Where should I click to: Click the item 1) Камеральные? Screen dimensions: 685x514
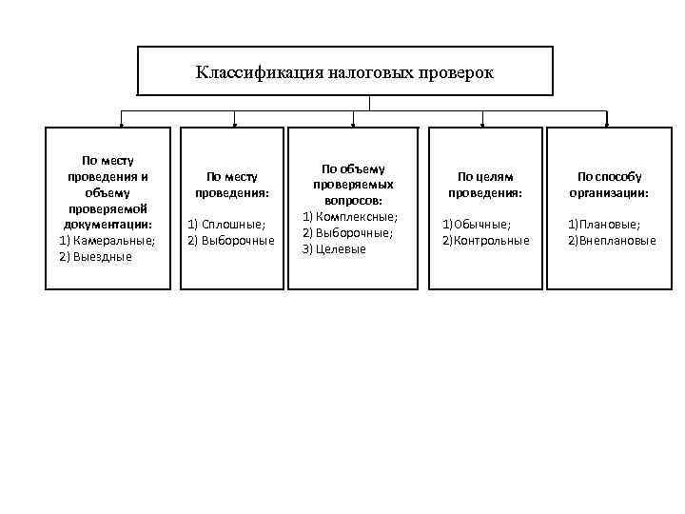(x=108, y=240)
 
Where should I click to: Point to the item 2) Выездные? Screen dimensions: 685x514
(x=96, y=256)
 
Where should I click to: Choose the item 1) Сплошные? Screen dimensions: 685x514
(x=226, y=224)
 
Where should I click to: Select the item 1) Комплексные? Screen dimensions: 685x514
(x=350, y=217)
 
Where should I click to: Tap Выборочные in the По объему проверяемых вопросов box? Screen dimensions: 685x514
(x=353, y=232)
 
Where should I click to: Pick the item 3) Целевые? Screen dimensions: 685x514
(x=334, y=248)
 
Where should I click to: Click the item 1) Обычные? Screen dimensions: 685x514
(x=476, y=224)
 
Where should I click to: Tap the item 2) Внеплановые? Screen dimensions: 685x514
(x=612, y=240)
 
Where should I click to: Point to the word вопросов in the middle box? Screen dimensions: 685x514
(x=354, y=202)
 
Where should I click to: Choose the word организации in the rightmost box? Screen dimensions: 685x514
(x=609, y=192)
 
